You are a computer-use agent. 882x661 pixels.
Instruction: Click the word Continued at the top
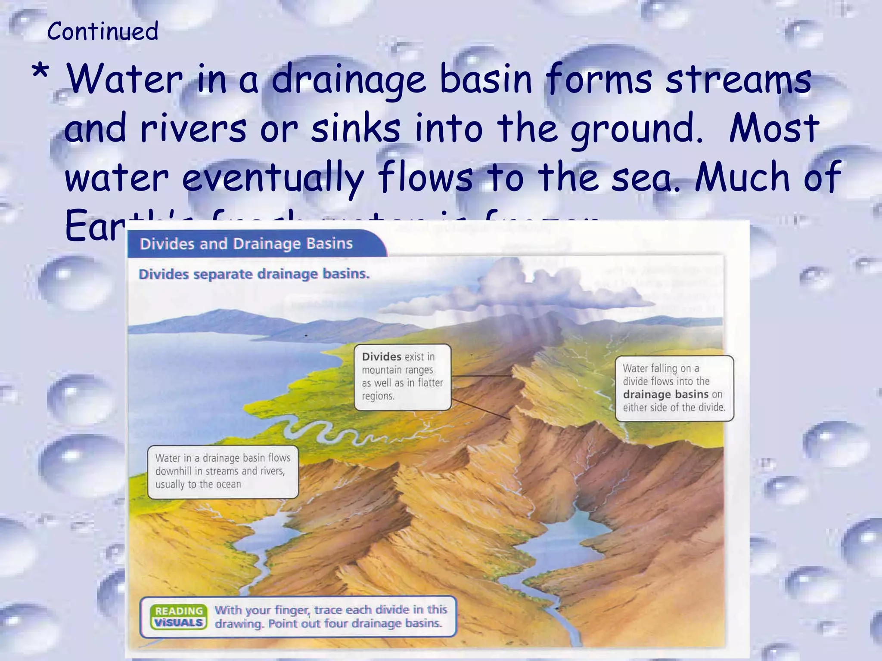point(103,31)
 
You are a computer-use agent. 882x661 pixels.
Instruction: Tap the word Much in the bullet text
point(742,176)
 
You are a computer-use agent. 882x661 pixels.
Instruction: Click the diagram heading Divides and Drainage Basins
point(246,244)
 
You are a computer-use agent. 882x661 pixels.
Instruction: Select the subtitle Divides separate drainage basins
point(254,274)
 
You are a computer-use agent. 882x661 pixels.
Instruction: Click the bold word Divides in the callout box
point(382,357)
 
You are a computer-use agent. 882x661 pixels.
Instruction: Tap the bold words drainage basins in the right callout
point(665,395)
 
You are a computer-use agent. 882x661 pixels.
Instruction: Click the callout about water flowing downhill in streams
point(223,471)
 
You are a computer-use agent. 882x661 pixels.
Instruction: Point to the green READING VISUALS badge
point(179,617)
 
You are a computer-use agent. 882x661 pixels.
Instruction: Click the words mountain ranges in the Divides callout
point(397,370)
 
